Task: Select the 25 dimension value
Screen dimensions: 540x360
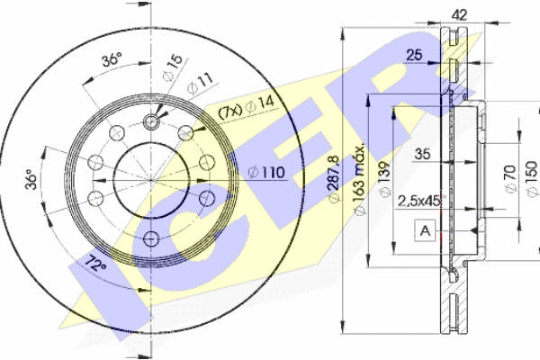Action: coord(416,56)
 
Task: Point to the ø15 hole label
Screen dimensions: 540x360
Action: coord(173,67)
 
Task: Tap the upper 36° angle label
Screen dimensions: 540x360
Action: coord(111,61)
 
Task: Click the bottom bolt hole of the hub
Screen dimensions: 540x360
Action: coord(150,238)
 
